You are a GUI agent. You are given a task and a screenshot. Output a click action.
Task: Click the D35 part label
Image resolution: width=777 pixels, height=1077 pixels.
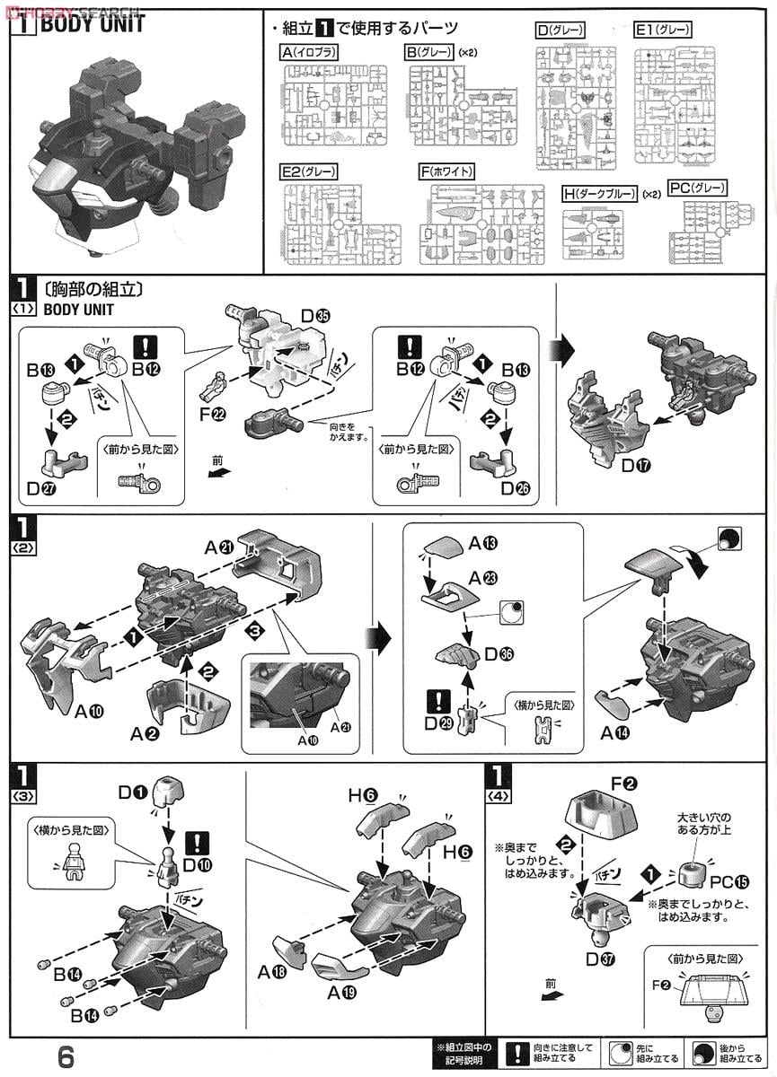[315, 316]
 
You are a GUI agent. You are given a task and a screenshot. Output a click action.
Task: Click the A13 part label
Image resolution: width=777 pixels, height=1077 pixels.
[481, 544]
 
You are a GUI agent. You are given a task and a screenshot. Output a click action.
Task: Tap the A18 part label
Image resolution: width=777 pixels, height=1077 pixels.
[271, 972]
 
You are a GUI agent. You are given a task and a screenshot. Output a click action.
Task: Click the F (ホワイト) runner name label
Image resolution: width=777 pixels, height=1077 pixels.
[446, 171]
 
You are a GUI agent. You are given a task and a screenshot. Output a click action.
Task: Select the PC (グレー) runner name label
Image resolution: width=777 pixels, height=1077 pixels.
[698, 188]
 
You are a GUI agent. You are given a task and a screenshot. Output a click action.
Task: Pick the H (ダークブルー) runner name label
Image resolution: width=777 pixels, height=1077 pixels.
[599, 194]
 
